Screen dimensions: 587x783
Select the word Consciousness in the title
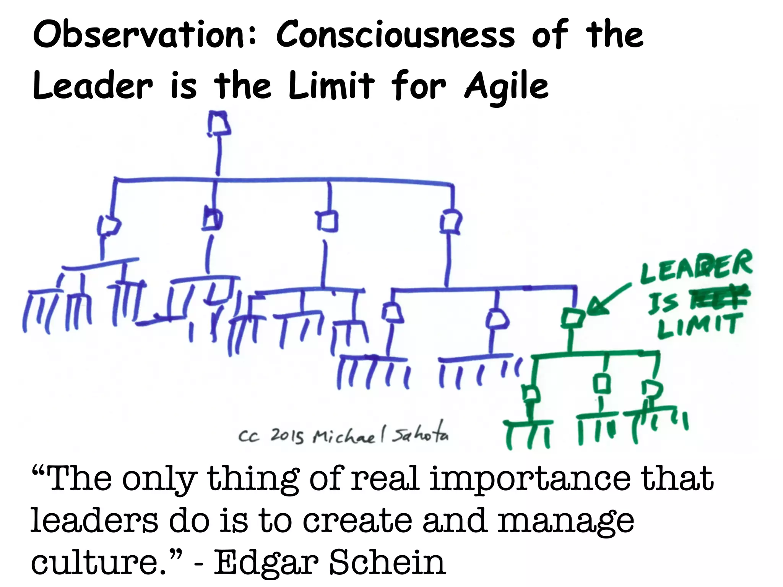pos(396,35)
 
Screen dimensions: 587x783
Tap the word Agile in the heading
pos(507,86)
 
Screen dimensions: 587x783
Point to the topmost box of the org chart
pos(219,123)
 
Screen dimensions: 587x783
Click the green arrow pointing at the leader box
pos(608,300)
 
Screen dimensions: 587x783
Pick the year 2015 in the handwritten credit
pos(287,436)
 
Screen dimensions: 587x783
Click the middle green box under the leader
pos(603,383)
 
